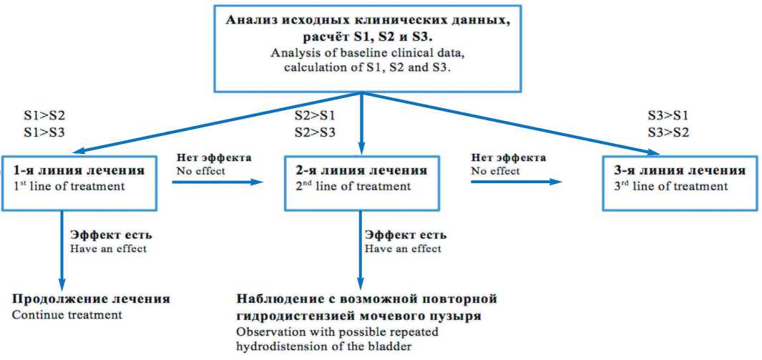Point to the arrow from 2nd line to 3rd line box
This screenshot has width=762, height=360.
[515, 183]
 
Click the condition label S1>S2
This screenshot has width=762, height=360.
[46, 115]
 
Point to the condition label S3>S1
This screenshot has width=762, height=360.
[668, 115]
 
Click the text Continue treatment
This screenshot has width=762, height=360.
[67, 314]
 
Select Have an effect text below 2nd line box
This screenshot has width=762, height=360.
[403, 248]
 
